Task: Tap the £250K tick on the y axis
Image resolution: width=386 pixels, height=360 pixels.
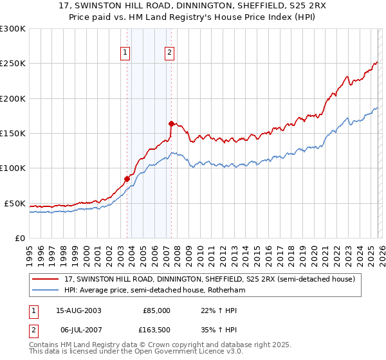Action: [13, 64]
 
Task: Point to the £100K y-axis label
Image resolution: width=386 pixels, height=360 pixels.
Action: [13, 168]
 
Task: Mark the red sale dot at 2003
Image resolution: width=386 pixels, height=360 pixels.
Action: [127, 179]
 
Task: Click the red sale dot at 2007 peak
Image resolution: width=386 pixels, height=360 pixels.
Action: [170, 123]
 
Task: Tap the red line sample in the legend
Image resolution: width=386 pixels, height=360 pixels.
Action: [46, 279]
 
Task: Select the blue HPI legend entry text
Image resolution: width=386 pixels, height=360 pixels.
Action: [155, 291]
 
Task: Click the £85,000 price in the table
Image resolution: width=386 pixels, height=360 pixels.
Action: [156, 310]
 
